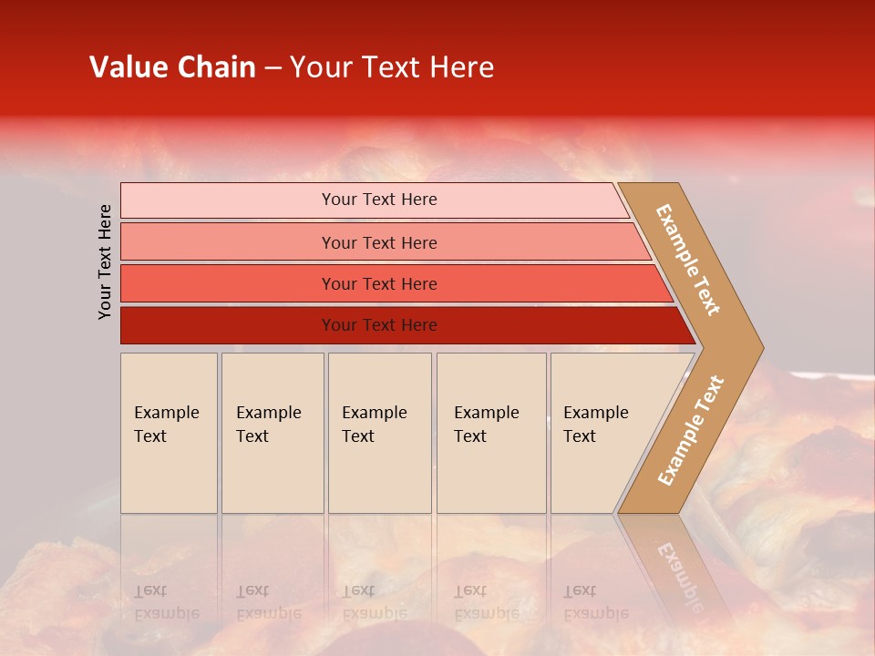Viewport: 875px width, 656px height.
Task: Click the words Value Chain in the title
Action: click(x=172, y=67)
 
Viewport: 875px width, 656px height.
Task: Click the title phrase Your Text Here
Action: click(x=392, y=67)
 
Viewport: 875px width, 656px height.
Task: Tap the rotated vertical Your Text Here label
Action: click(x=105, y=261)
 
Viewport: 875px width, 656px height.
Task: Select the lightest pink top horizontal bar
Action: click(x=228, y=200)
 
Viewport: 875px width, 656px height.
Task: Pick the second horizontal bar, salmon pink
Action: click(x=228, y=242)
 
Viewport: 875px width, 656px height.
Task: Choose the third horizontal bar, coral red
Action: click(x=228, y=283)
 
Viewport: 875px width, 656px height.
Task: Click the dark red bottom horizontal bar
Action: click(x=228, y=325)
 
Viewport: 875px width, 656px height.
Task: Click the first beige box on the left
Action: click(x=169, y=474)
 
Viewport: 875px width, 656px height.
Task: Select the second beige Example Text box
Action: click(x=273, y=474)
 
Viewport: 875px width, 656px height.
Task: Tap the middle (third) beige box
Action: click(x=379, y=474)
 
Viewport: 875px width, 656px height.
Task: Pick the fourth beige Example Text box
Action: click(x=491, y=474)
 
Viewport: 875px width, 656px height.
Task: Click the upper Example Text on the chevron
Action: click(x=688, y=260)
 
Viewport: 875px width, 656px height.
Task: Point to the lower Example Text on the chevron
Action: click(x=691, y=430)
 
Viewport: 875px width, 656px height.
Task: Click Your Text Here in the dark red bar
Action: click(x=379, y=325)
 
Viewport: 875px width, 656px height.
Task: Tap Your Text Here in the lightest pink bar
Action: click(x=379, y=200)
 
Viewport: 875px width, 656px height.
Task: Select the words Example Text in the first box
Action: click(x=166, y=425)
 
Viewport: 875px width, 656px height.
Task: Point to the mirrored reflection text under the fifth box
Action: click(x=596, y=602)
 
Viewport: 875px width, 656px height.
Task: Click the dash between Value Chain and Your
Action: click(x=273, y=68)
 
